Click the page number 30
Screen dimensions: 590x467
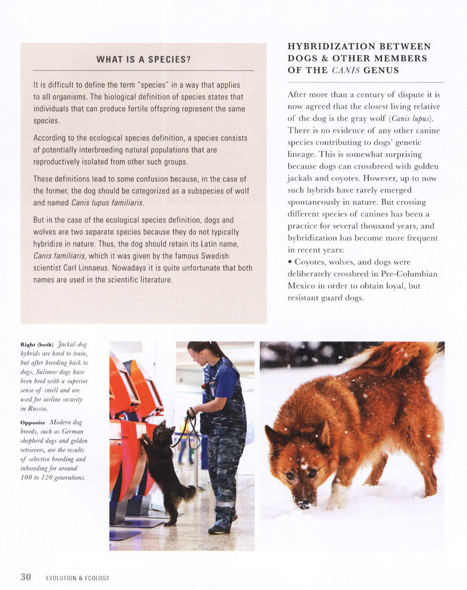pos(26,577)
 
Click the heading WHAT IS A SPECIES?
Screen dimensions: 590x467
pos(144,59)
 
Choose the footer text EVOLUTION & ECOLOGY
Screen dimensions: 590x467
pos(78,578)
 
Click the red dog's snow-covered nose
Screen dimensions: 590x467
pos(303,503)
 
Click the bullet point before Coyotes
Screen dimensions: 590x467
pos(290,262)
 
